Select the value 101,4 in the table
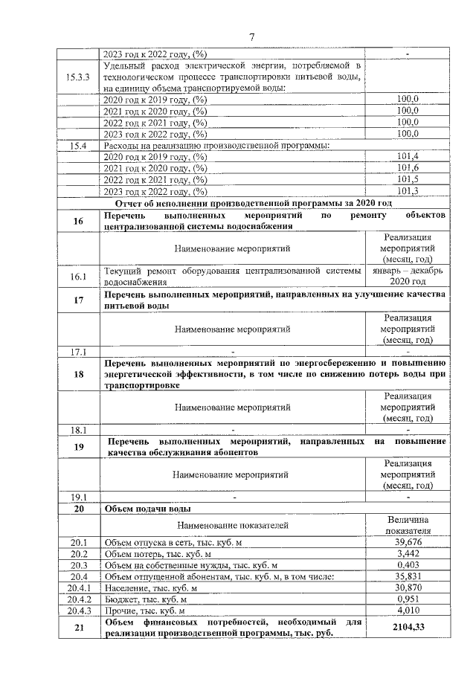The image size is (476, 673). pos(408,156)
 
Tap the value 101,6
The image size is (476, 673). pos(408,168)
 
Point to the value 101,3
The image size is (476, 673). pos(408,191)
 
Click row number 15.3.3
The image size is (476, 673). pos(78,77)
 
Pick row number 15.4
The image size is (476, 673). pos(78,145)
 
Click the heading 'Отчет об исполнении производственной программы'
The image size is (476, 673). pos(253,203)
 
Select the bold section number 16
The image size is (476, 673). pos(78,221)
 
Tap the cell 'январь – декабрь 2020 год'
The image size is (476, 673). pos(408,277)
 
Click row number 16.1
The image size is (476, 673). pos(78,277)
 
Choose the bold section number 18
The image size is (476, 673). pos(78,374)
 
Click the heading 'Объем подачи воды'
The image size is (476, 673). pos(149,509)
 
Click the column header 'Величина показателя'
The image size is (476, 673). pos(408,525)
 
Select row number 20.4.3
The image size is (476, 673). pos(78,611)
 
